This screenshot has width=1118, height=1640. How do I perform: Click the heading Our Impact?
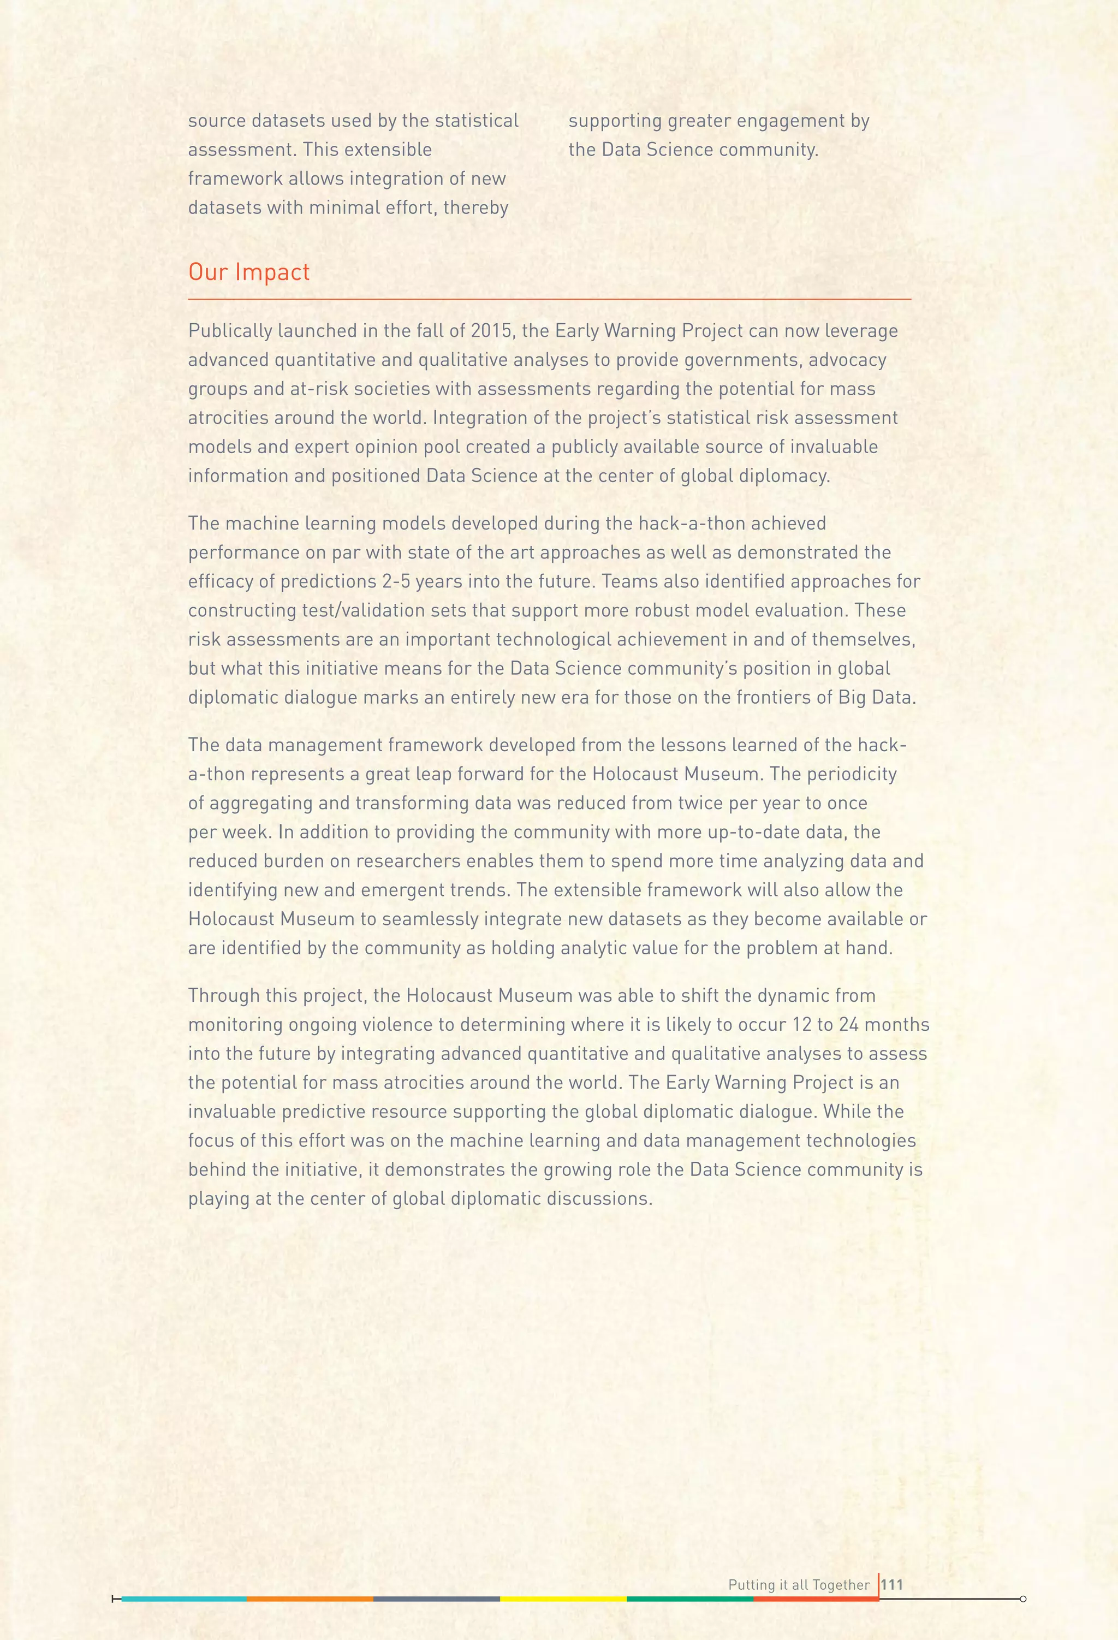click(248, 272)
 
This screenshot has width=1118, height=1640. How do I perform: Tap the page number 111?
click(892, 1584)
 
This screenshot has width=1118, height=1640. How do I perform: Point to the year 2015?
click(491, 331)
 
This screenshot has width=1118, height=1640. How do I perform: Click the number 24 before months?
click(848, 1025)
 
